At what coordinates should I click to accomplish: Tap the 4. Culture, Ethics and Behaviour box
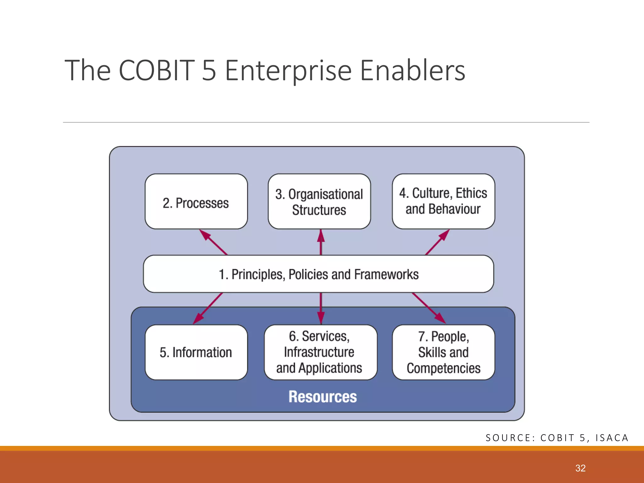[x=443, y=201]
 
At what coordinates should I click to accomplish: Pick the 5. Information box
[x=196, y=353]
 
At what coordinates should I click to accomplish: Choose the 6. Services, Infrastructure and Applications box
[x=320, y=353]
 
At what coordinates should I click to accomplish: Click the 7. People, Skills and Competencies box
[x=443, y=353]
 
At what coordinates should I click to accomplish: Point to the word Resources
[x=323, y=397]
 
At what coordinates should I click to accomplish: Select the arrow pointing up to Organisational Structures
[x=321, y=242]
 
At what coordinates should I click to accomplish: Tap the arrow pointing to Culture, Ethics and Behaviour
[x=437, y=242]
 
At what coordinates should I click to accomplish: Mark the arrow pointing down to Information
[x=208, y=308]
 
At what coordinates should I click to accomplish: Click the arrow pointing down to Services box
[x=321, y=308]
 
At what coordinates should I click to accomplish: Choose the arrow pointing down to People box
[x=429, y=308]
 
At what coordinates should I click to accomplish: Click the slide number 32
[x=580, y=468]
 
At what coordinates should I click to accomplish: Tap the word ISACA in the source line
[x=612, y=438]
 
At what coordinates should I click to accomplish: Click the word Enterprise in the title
[x=288, y=70]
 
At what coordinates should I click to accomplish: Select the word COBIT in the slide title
[x=157, y=70]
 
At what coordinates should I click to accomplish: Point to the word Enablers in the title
[x=412, y=70]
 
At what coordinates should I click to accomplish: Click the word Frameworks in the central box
[x=386, y=274]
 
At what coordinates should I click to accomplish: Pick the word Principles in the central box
[x=257, y=274]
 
